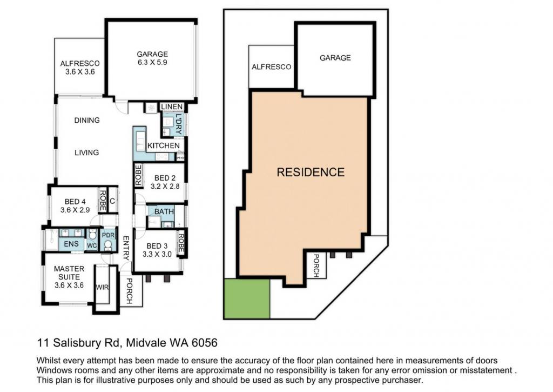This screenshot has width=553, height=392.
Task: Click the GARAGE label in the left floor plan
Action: click(152, 58)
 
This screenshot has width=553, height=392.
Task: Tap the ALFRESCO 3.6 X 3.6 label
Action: click(80, 68)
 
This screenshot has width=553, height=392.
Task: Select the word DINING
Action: click(87, 121)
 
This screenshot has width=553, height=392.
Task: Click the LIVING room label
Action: click(87, 152)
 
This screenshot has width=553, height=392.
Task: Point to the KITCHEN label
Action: click(163, 145)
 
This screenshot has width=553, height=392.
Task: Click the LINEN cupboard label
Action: click(172, 107)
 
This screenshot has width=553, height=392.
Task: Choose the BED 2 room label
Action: click(165, 182)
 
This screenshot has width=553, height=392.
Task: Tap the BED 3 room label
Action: click(157, 250)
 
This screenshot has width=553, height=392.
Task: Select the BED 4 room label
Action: click(75, 205)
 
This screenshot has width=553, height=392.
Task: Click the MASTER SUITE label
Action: click(69, 277)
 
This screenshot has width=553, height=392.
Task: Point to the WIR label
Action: click(102, 288)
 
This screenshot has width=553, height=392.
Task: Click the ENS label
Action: click(71, 244)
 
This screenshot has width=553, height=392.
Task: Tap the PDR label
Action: click(108, 235)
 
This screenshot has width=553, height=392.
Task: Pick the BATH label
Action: click(164, 211)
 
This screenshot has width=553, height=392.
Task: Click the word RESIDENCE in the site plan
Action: click(311, 172)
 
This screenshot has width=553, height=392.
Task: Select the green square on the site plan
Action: click(247, 299)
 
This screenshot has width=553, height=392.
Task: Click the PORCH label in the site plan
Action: click(316, 265)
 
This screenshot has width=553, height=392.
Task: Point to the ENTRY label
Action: click(126, 248)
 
